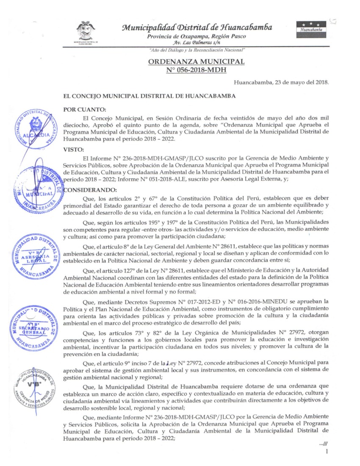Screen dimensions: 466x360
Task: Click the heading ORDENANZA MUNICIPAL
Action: click(196, 61)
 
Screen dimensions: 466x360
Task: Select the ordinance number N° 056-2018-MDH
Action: click(196, 69)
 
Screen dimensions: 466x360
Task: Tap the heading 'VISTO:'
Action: click(73, 149)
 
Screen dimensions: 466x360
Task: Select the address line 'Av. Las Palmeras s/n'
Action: click(197, 43)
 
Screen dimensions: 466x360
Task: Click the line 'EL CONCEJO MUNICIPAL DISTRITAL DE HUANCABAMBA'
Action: click(149, 96)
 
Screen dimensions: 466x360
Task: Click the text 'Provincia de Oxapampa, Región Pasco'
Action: click(197, 36)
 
